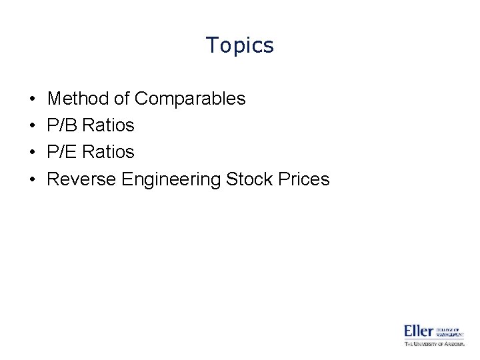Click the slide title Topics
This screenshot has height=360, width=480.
pos(240,45)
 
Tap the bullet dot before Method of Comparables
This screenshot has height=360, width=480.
pos(33,99)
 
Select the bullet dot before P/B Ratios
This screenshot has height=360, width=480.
pos(33,126)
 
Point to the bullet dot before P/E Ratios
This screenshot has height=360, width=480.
pos(33,153)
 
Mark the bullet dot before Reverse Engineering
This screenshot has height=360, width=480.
pos(33,179)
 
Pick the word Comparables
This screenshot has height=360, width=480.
pos(190,99)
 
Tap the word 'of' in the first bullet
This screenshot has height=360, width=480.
pos(121,99)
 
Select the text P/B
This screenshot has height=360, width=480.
pos(64,125)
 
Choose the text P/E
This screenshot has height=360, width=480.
pos(64,152)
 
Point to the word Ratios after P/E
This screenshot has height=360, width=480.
pos(109,152)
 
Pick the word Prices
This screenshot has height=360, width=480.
pos(305,179)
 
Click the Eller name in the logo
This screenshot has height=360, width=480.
pos(419,331)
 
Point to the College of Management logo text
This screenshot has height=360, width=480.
pos(450,331)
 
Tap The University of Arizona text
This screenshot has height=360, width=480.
pos(434,344)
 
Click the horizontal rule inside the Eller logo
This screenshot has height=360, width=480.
pos(434,340)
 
